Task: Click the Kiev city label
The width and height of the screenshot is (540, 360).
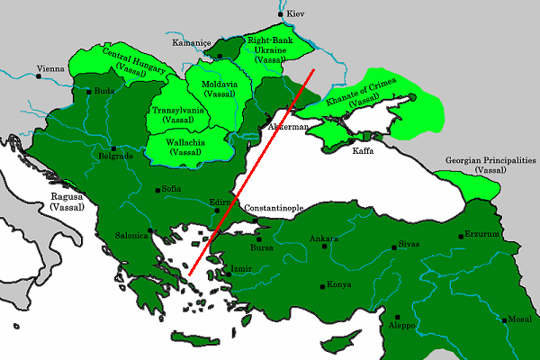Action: click(x=298, y=15)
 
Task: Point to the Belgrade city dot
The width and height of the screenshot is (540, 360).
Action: click(x=112, y=148)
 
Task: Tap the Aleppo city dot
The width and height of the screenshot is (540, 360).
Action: click(x=398, y=317)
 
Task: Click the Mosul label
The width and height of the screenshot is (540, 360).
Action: click(x=521, y=319)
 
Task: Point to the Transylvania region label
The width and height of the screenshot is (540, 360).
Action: click(x=178, y=114)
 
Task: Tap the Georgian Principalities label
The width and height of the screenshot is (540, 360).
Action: click(x=490, y=165)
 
